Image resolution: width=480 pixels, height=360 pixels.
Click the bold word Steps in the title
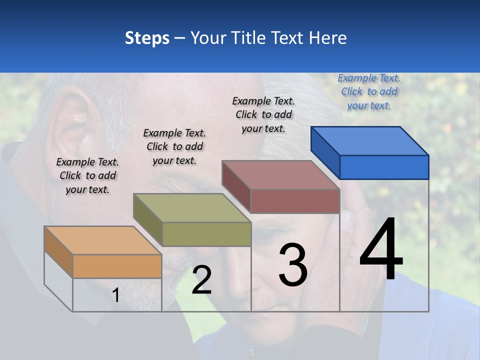click(147, 38)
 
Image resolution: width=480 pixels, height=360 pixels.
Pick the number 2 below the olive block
click(201, 280)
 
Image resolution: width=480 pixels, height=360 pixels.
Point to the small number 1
click(115, 295)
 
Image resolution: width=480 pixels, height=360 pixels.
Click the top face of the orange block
click(103, 240)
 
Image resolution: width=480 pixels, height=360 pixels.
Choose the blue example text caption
click(369, 91)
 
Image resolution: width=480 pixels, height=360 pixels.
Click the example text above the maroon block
click(263, 114)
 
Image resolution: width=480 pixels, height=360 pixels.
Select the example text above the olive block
click(174, 146)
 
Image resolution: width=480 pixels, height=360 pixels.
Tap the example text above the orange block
click(87, 175)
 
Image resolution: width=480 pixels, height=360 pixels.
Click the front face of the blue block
click(384, 167)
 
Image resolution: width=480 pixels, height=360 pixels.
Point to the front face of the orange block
click(117, 266)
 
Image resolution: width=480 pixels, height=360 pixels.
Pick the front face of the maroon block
click(295, 201)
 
